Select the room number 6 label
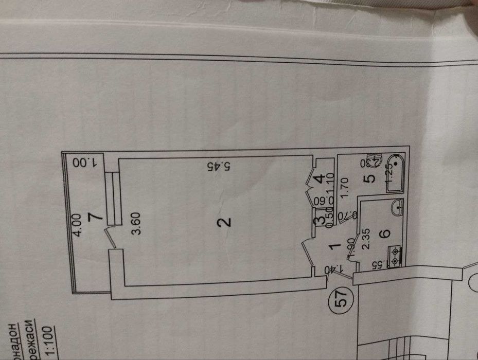tap(385, 232)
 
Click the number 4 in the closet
tap(320, 179)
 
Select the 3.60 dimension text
tap(135, 225)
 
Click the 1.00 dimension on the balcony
tap(80, 163)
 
